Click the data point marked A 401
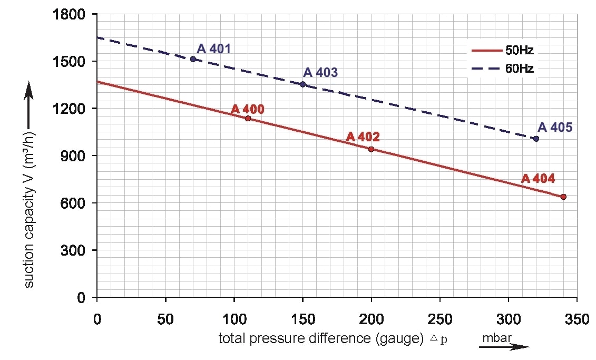[193, 59]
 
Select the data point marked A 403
[302, 84]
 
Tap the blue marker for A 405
[536, 139]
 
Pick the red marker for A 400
[248, 118]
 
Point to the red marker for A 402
[371, 149]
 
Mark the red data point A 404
[563, 197]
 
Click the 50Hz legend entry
[503, 51]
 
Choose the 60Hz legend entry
[503, 68]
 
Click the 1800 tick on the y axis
[70, 14]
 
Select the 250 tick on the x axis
[439, 319]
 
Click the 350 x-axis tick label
[577, 319]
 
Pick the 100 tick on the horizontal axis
[234, 319]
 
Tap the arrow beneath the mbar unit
[505, 346]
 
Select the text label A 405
[554, 128]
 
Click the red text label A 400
[248, 109]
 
